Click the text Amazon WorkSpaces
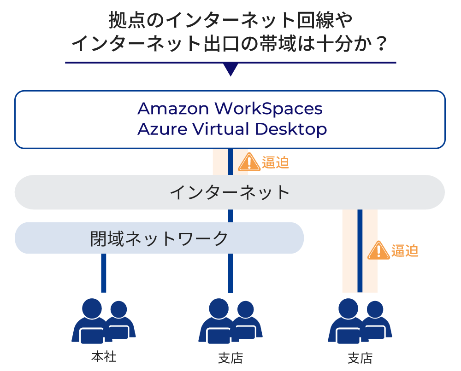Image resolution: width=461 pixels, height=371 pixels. click(x=230, y=109)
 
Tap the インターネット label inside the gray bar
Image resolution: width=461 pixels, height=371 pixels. click(x=230, y=192)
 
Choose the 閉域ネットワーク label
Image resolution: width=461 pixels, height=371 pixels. click(x=159, y=238)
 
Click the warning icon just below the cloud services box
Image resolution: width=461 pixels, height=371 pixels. click(x=249, y=162)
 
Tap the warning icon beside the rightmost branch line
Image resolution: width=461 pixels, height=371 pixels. click(x=378, y=250)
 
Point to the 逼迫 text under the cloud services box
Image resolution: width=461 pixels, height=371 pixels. click(x=275, y=162)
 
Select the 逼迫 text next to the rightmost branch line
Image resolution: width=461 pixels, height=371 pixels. click(x=404, y=251)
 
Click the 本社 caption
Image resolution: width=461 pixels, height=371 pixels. click(x=104, y=357)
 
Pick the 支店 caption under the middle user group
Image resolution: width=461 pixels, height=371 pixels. click(x=230, y=358)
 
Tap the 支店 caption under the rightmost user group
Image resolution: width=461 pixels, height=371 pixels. click(x=360, y=358)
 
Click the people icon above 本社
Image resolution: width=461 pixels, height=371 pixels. click(x=104, y=321)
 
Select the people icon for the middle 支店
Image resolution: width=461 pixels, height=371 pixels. click(x=230, y=321)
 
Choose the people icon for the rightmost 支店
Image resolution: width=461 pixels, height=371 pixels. click(x=360, y=321)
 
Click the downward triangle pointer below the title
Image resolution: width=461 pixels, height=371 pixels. click(x=230, y=70)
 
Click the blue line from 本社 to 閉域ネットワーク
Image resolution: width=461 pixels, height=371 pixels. click(x=104, y=273)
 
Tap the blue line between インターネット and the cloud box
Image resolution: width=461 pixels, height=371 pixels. click(x=230, y=162)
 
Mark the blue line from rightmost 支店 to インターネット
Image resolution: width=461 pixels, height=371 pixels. click(x=360, y=251)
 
